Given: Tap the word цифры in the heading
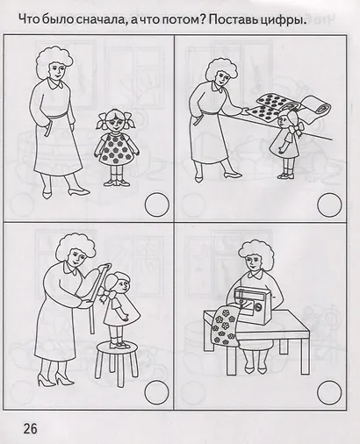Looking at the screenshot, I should coord(296,20).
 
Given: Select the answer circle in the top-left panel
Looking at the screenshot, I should coord(155,204).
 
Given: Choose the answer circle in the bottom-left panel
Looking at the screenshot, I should coord(155,389).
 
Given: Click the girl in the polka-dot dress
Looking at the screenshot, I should coord(116,146).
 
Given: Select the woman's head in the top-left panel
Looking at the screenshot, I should coord(54,64).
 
